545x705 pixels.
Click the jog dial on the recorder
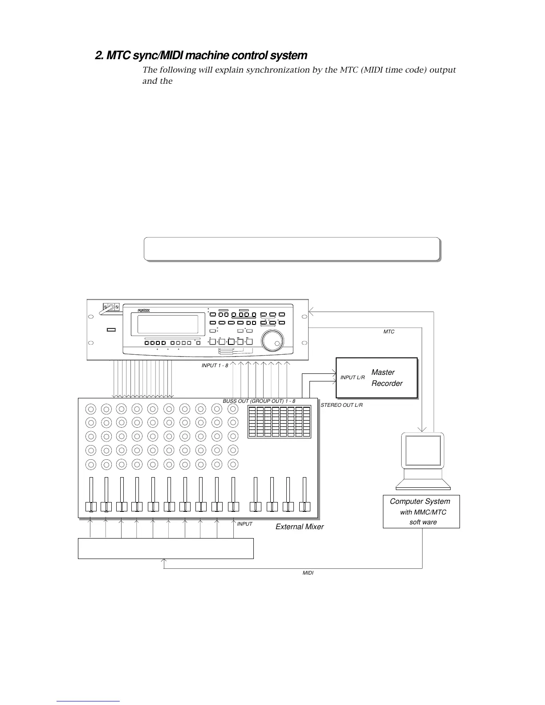pyautogui.click(x=272, y=340)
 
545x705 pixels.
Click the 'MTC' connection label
pyautogui.click(x=389, y=332)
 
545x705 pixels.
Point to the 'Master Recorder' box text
pyautogui.click(x=386, y=378)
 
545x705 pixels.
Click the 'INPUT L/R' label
pyautogui.click(x=353, y=378)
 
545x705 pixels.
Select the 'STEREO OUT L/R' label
pyautogui.click(x=342, y=405)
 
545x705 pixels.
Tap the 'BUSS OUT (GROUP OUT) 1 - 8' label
pyautogui.click(x=259, y=401)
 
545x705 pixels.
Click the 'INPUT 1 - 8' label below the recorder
pyautogui.click(x=215, y=365)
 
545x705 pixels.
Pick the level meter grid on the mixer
pyautogui.click(x=279, y=421)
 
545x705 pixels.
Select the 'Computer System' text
pyautogui.click(x=420, y=502)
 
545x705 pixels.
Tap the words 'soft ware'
pyautogui.click(x=423, y=523)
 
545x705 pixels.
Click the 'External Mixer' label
pyautogui.click(x=300, y=527)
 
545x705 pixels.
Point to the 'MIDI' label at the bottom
pyautogui.click(x=308, y=573)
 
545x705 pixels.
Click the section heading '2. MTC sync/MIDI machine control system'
pyautogui.click(x=201, y=56)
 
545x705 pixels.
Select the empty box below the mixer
pyautogui.click(x=166, y=548)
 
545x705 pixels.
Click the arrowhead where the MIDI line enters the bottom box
pyautogui.click(x=164, y=561)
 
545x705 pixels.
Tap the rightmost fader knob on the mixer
pyautogui.click(x=305, y=507)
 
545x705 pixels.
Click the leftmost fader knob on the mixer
pyautogui.click(x=91, y=507)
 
